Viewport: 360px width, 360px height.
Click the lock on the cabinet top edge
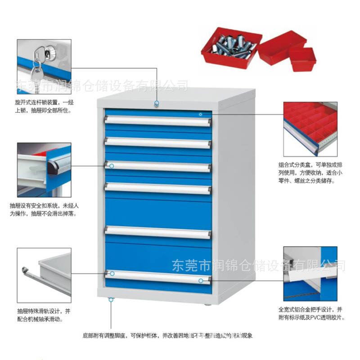coord(157,104)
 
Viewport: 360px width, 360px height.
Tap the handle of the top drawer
coord(157,121)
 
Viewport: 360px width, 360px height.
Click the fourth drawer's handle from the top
coord(157,188)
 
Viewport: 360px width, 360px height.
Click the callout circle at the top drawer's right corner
coord(201,114)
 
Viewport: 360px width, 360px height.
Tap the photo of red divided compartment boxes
coord(310,129)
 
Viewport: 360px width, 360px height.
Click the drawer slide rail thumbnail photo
coord(44,274)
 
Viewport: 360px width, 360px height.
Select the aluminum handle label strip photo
coord(310,274)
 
